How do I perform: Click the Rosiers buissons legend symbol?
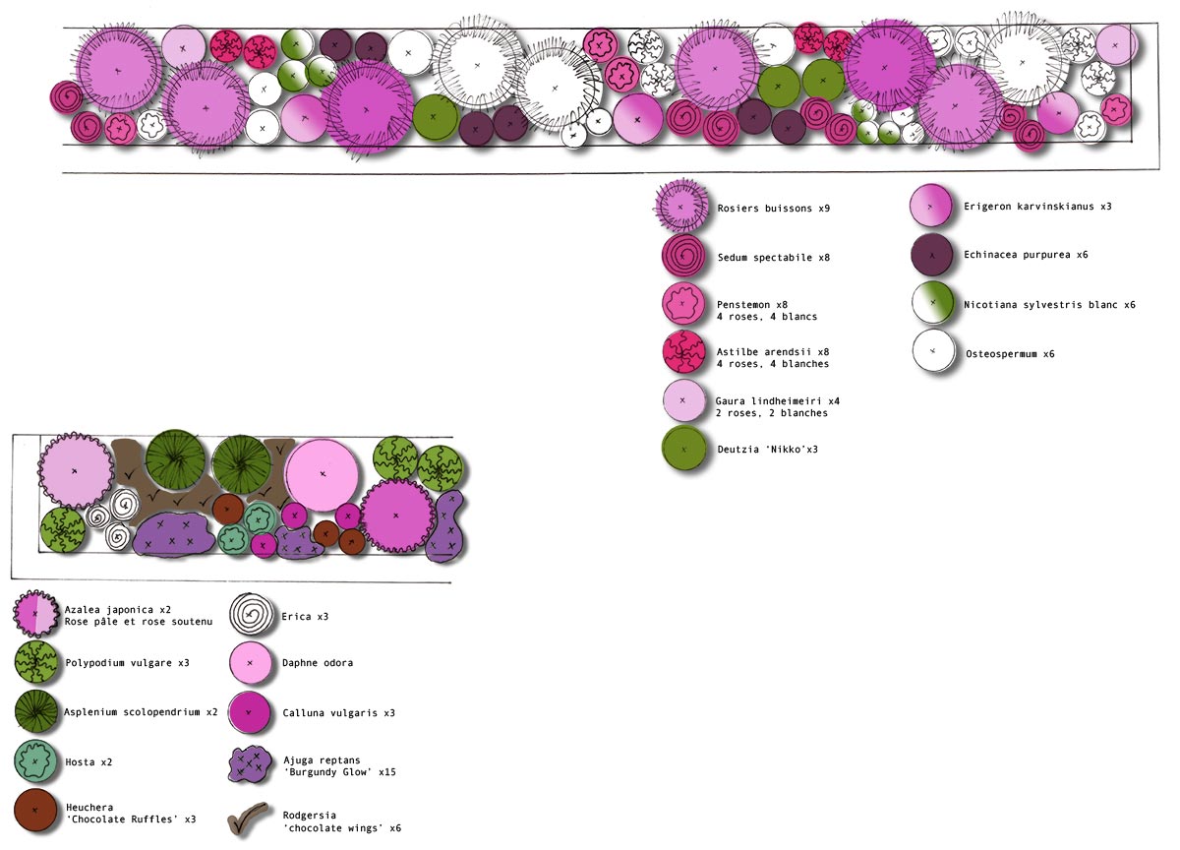[682, 208]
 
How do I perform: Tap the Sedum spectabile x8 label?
[765, 258]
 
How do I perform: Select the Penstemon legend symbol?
[683, 304]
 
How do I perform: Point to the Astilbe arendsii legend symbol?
[683, 352]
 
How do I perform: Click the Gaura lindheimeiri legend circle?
[683, 400]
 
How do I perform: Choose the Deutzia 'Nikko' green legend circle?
[683, 449]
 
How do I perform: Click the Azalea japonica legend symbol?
[35, 615]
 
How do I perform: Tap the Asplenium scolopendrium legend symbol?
[35, 711]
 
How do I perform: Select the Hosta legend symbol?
[35, 760]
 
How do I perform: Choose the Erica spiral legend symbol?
[251, 617]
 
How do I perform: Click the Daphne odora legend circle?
[251, 664]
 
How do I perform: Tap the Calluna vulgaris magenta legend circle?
[251, 712]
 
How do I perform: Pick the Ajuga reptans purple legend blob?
[251, 763]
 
